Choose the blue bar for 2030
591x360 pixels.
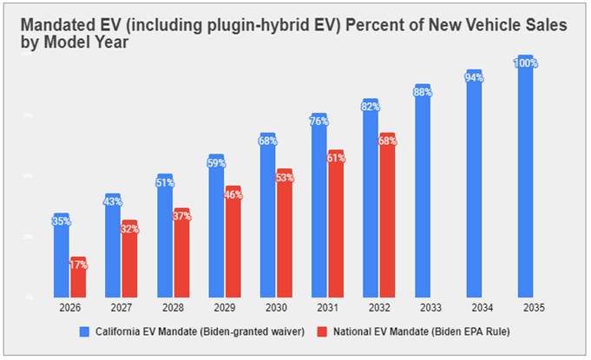268,217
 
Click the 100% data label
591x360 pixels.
525,63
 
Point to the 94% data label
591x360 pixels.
474,77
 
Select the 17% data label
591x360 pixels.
78,265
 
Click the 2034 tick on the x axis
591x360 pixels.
474,306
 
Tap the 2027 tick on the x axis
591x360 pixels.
113,306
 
